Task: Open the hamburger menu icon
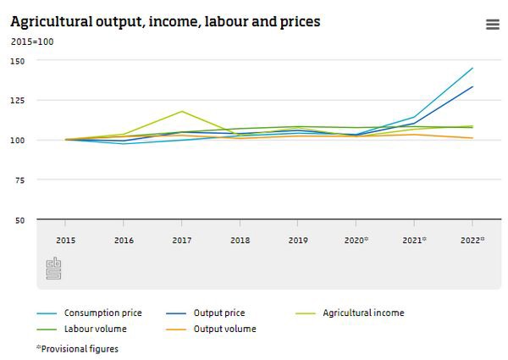pyautogui.click(x=493, y=25)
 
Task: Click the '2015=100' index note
pyautogui.click(x=32, y=41)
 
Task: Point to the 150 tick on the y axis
pyautogui.click(x=18, y=61)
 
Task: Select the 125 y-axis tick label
pyautogui.click(x=18, y=101)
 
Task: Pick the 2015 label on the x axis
pyautogui.click(x=66, y=241)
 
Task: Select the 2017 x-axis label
pyautogui.click(x=182, y=241)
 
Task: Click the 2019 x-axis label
pyautogui.click(x=298, y=241)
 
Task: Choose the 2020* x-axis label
pyautogui.click(x=356, y=241)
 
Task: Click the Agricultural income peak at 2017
pyautogui.click(x=182, y=111)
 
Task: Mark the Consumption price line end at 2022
pyautogui.click(x=472, y=68)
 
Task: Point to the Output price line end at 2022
pyautogui.click(x=472, y=86)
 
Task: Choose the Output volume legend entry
pyautogui.click(x=224, y=329)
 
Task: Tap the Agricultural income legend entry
pyautogui.click(x=363, y=313)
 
